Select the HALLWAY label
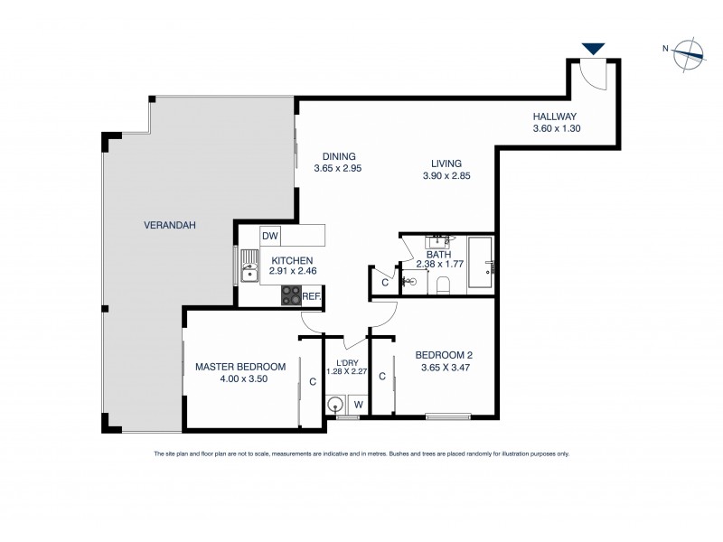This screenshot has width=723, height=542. click(554, 117)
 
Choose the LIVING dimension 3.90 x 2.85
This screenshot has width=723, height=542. click(446, 176)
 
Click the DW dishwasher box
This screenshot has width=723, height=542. click(269, 237)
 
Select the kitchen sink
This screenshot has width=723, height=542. click(250, 266)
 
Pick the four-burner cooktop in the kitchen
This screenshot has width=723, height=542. click(292, 294)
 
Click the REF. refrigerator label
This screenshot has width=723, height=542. click(312, 295)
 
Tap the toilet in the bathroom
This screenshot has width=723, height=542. click(442, 285)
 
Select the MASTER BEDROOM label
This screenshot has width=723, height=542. click(240, 367)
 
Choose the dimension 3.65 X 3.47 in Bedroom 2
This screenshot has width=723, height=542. click(446, 368)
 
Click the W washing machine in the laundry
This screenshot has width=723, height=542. click(358, 405)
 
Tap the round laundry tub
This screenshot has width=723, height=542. click(336, 405)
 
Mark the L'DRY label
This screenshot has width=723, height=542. click(346, 362)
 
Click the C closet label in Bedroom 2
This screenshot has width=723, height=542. click(382, 376)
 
